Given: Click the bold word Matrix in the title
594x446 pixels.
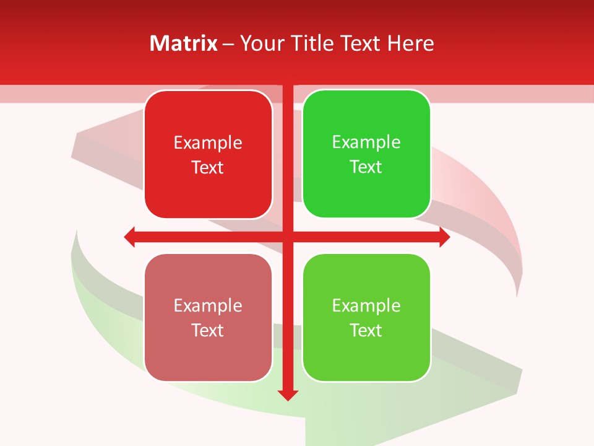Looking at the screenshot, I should pyautogui.click(x=184, y=43).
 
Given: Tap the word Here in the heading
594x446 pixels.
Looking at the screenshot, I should pyautogui.click(x=410, y=43).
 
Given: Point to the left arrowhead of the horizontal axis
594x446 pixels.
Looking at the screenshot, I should pyautogui.click(x=130, y=237).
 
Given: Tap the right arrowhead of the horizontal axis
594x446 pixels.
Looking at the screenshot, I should pyautogui.click(x=444, y=237).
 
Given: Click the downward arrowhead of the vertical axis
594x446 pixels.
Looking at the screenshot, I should pyautogui.click(x=288, y=395).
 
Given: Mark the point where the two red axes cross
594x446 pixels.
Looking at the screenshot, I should pyautogui.click(x=288, y=237).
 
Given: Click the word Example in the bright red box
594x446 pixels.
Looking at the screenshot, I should pyautogui.click(x=208, y=143).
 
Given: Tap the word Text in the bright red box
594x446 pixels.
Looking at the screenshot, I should pyautogui.click(x=208, y=167).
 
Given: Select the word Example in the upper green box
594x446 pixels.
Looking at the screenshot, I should pyautogui.click(x=366, y=142).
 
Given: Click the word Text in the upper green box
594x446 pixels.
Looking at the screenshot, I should pyautogui.click(x=366, y=167).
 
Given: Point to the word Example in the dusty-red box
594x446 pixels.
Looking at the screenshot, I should pyautogui.click(x=208, y=306).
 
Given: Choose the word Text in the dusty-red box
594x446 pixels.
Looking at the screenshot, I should pyautogui.click(x=208, y=330).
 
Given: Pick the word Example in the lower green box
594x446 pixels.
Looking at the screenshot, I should pyautogui.click(x=366, y=306).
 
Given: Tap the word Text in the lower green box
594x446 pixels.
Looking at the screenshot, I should pyautogui.click(x=366, y=330).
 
